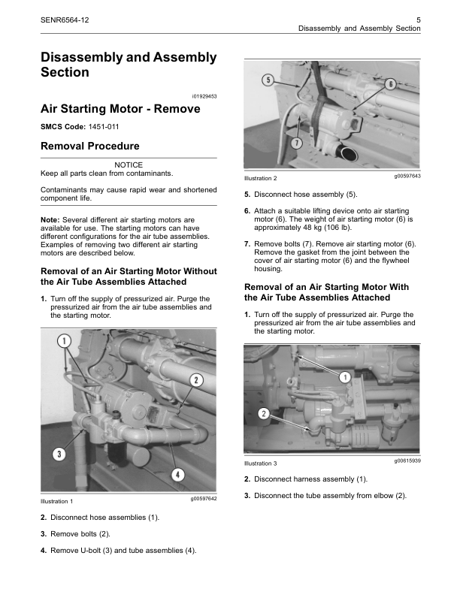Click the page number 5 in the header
click(417, 18)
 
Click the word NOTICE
click(128, 165)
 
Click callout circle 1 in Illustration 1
click(64, 341)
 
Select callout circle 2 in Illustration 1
click(195, 380)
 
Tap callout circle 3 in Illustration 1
click(58, 454)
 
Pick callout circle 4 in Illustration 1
click(178, 474)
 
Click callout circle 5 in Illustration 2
click(266, 80)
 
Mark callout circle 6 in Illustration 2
click(390, 84)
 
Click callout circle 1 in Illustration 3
click(345, 376)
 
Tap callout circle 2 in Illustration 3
click(264, 414)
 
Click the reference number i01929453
click(204, 95)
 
